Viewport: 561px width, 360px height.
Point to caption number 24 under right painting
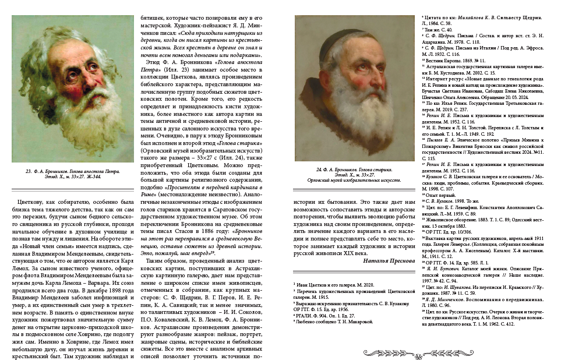pyautogui.click(x=320, y=169)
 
